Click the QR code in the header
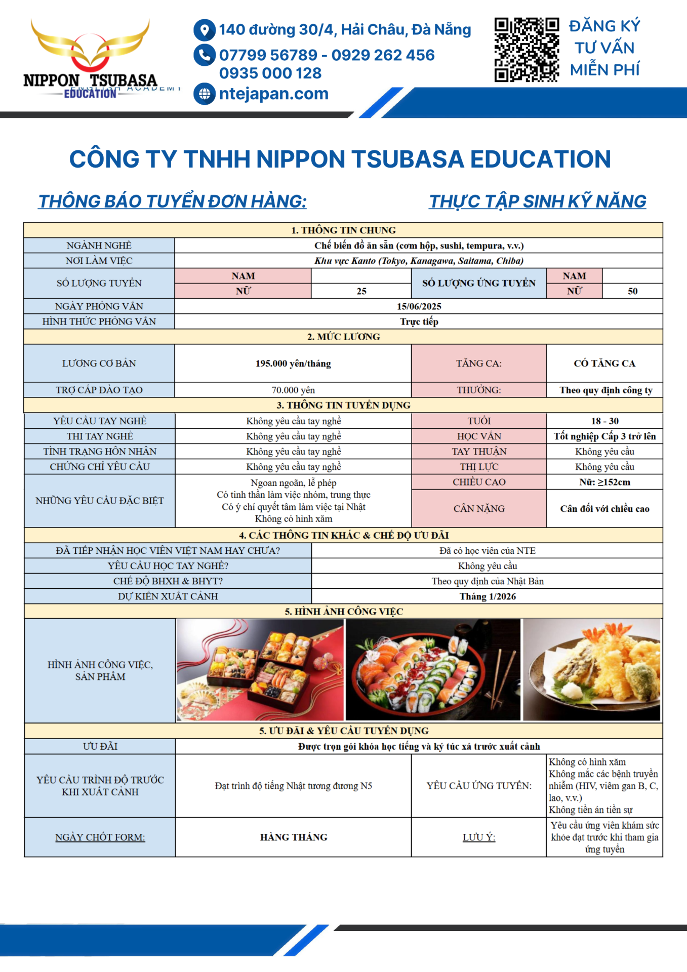pyautogui.click(x=527, y=50)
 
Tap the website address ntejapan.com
pyautogui.click(x=273, y=94)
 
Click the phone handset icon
pyautogui.click(x=204, y=55)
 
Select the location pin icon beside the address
pyautogui.click(x=204, y=30)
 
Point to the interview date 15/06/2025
pyautogui.click(x=419, y=306)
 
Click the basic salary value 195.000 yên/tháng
pyautogui.click(x=293, y=363)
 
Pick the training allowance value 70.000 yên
pyautogui.click(x=293, y=390)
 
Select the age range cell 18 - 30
pyautogui.click(x=604, y=421)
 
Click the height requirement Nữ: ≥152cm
pyautogui.click(x=604, y=482)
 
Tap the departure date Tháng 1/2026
pyautogui.click(x=488, y=596)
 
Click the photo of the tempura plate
pyautogui.click(x=591, y=669)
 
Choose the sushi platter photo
pyautogui.click(x=433, y=669)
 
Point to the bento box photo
pyautogui.click(x=260, y=669)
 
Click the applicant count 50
pyautogui.click(x=632, y=291)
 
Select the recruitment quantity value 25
pyautogui.click(x=361, y=291)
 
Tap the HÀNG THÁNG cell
pyautogui.click(x=294, y=837)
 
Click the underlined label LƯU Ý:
pyautogui.click(x=479, y=837)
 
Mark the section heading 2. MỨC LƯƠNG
pyautogui.click(x=343, y=337)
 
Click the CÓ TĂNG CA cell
pyautogui.click(x=604, y=363)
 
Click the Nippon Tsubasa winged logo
pyautogui.click(x=90, y=56)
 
